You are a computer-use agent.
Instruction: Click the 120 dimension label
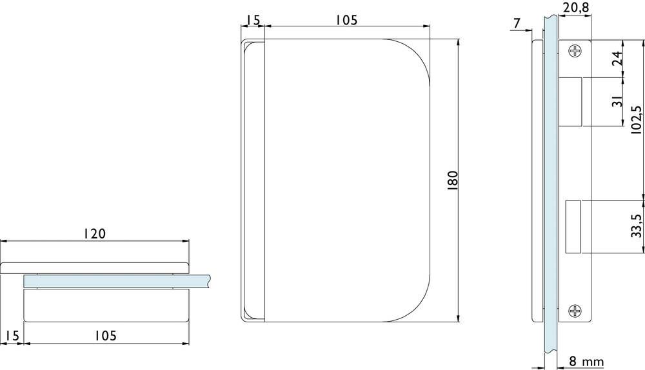tap(95, 233)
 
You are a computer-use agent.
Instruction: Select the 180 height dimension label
tap(452, 180)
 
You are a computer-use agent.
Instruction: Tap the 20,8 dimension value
tap(575, 8)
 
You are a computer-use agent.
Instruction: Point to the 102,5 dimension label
tap(636, 120)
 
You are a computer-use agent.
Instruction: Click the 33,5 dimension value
tap(636, 226)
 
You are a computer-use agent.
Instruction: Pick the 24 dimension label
tap(617, 59)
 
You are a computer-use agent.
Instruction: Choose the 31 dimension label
tap(617, 101)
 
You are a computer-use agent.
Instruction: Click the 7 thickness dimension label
tap(517, 24)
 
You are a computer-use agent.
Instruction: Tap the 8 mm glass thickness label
tap(586, 362)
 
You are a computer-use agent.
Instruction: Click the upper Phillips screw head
tap(575, 51)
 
